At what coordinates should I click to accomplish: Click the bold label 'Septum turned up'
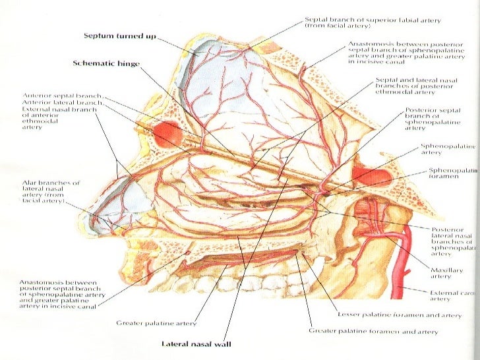click(119, 36)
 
